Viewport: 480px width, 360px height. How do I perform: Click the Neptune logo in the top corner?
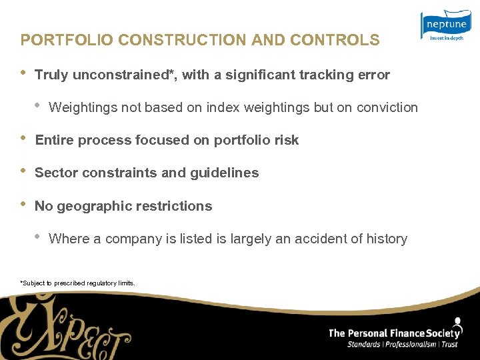tap(445, 25)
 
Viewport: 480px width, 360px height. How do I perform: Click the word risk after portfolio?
tap(287, 140)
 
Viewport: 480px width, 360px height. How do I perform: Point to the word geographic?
tap(95, 206)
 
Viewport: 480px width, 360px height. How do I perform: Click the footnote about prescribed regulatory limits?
tap(78, 283)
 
